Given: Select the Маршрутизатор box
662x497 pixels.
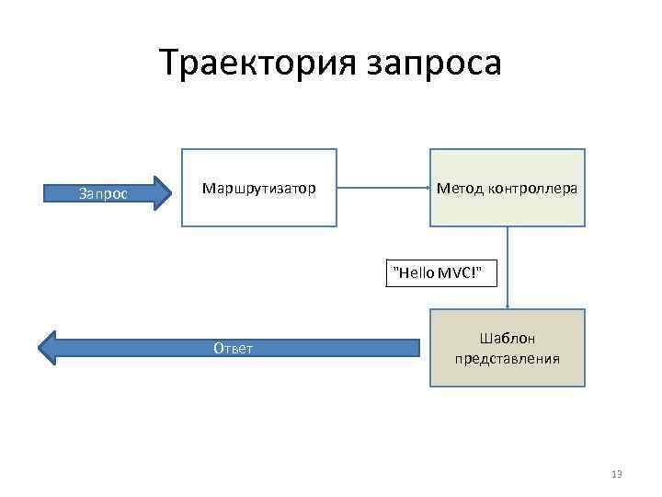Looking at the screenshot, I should (258, 212).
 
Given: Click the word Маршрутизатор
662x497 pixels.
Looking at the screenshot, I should (258, 189).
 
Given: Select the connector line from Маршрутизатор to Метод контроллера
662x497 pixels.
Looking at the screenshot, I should (382, 188).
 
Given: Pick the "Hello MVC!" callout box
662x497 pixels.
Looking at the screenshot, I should (437, 272).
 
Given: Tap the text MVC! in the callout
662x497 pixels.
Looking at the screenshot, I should (460, 272).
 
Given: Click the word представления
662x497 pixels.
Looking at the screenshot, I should (507, 358).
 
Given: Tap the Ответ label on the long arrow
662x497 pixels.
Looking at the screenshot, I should (233, 348).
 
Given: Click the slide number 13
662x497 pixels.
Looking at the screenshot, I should (616, 474).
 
